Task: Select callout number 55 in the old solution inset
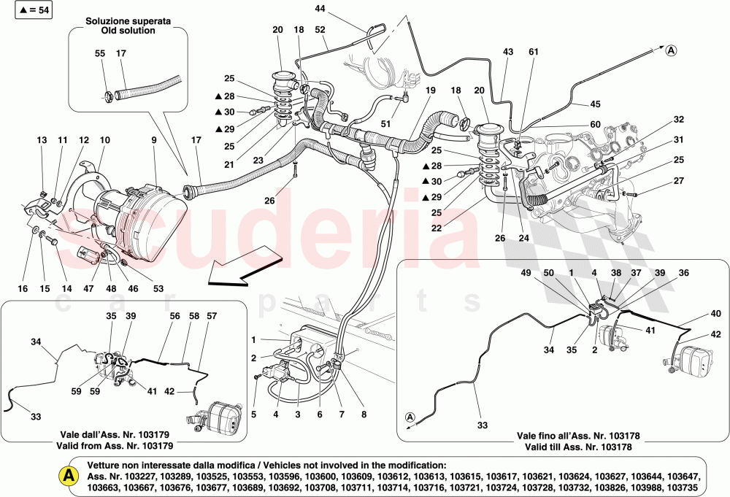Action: pos(99,53)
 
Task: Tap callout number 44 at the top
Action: pos(321,9)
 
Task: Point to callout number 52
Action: pos(320,29)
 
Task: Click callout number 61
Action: pos(534,52)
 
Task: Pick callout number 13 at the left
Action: pos(41,139)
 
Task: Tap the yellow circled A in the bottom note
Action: pos(67,475)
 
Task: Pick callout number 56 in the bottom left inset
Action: pos(174,316)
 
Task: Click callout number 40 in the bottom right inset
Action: pos(716,314)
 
